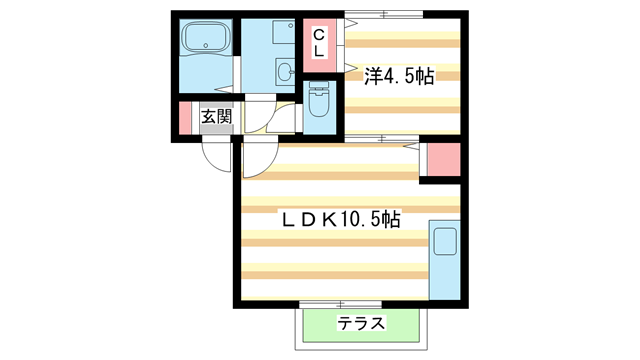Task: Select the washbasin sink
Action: [x=286, y=71]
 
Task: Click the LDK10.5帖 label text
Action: [x=339, y=217]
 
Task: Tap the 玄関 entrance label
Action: [x=216, y=118]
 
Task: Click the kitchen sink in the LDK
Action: [x=444, y=243]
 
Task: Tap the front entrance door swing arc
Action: [x=215, y=153]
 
